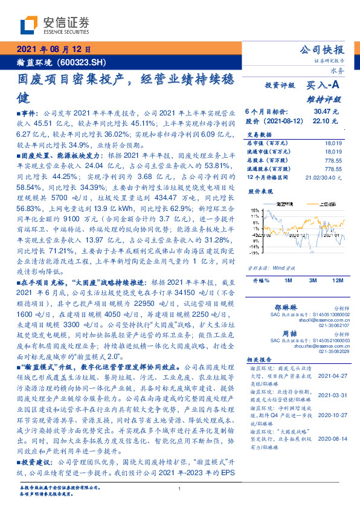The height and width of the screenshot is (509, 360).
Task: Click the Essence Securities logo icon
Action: click(30, 25)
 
